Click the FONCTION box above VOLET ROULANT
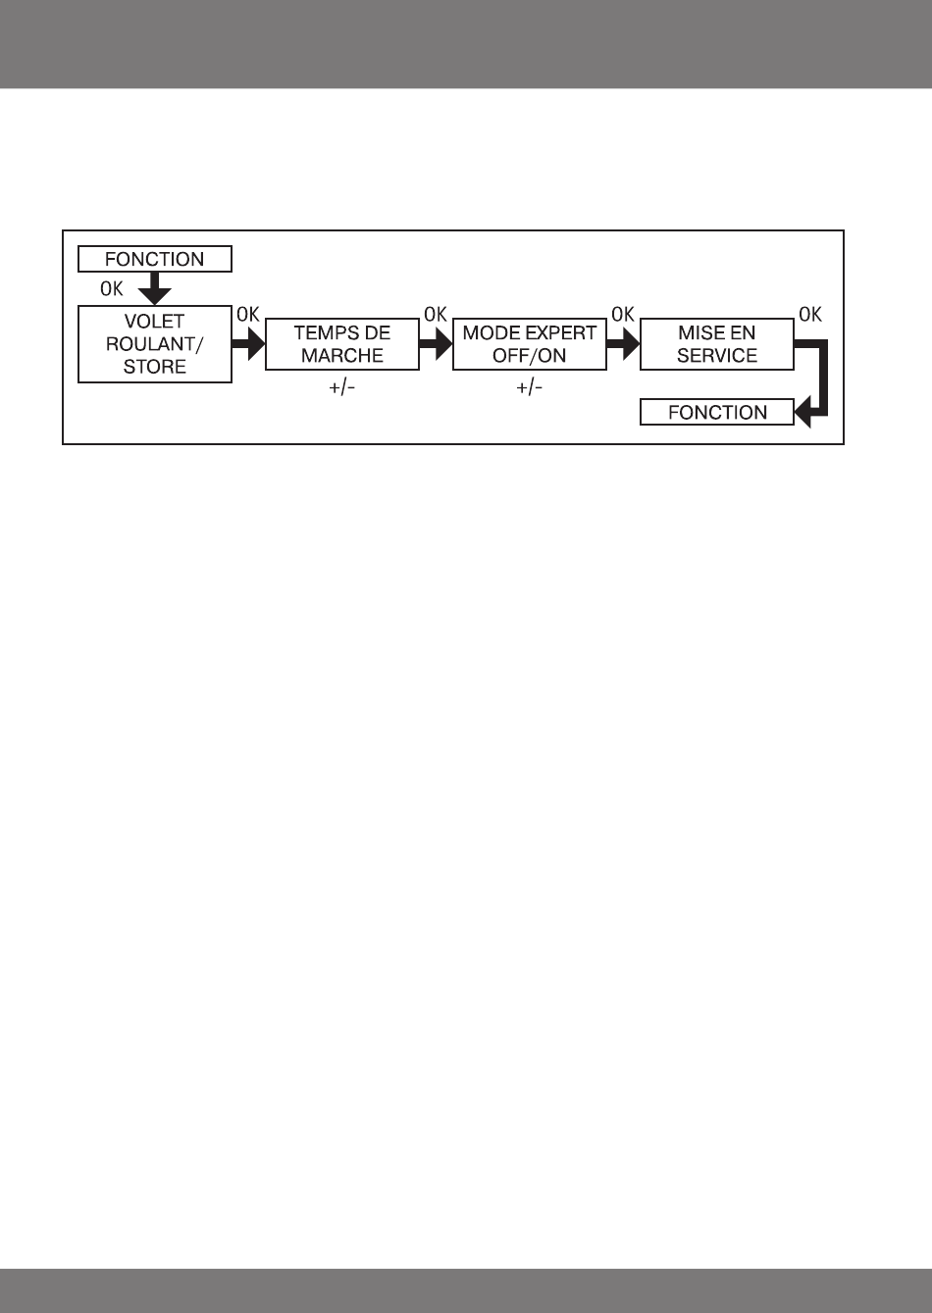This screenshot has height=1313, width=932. coord(155,259)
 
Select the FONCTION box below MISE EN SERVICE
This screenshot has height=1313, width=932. coord(717,413)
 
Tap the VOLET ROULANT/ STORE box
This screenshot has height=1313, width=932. coord(155,344)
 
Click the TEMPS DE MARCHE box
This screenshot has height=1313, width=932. coord(342,344)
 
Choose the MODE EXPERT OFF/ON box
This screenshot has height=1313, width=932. coord(529,344)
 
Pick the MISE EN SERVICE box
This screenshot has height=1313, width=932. coord(717,344)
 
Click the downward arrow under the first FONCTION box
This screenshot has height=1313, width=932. coord(155,288)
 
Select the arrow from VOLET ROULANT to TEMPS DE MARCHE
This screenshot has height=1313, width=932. coord(248,344)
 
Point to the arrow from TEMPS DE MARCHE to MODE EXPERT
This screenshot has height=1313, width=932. coord(436,344)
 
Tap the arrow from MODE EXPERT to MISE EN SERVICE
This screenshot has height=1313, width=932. coord(623,344)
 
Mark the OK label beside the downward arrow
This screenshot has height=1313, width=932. coord(112,290)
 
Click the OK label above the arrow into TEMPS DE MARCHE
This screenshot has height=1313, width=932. coord(247,315)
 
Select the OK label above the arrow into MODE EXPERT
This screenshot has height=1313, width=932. coord(435,315)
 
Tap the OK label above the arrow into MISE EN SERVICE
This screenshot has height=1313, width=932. coord(623,315)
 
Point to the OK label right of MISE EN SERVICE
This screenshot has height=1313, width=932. coord(810,315)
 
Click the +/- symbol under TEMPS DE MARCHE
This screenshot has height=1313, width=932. coord(342,388)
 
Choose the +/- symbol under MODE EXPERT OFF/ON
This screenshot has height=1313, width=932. coord(529,388)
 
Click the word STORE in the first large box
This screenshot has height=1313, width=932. coord(155,368)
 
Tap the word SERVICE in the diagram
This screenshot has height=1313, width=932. coord(717,356)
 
